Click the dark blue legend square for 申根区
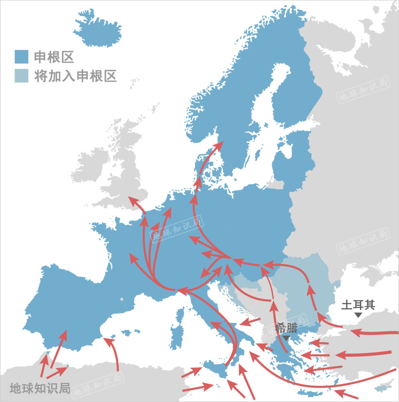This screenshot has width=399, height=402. click(21, 57)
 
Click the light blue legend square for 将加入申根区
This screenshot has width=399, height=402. click(21, 76)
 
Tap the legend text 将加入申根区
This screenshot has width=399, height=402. click(76, 76)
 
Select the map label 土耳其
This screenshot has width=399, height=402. click(358, 305)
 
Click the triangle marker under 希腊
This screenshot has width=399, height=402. click(286, 338)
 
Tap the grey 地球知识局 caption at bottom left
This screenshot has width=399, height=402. click(40, 388)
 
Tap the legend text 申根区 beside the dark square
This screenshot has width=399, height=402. click(54, 57)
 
